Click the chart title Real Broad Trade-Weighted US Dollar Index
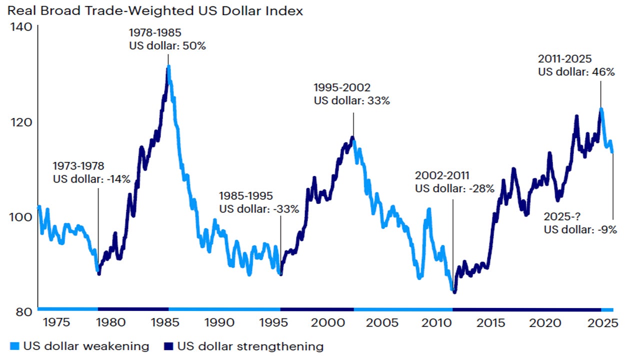point(155,10)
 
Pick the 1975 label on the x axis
point(55,323)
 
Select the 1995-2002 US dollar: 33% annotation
point(351,93)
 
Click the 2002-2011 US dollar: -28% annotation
point(454,182)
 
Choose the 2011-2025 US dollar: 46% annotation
point(576,65)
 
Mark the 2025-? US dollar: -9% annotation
point(580,224)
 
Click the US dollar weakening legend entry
point(79,346)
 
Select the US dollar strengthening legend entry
point(243,346)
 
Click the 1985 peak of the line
point(168,66)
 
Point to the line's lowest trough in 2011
point(454,292)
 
